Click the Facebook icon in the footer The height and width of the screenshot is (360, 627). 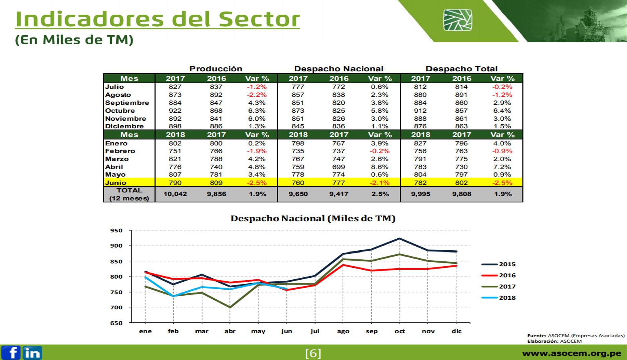click(11, 353)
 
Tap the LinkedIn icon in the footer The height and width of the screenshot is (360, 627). click(32, 353)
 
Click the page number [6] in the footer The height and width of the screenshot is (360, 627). click(313, 353)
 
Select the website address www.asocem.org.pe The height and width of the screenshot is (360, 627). click(571, 353)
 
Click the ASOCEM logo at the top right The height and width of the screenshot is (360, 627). click(457, 20)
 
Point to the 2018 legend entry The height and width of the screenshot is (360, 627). click(499, 298)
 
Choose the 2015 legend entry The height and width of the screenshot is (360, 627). click(499, 264)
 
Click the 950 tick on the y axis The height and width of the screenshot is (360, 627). click(116, 231)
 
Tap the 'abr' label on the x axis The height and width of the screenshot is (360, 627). click(230, 331)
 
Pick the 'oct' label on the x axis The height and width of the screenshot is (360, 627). click(400, 331)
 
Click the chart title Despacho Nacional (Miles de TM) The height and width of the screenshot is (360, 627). click(313, 219)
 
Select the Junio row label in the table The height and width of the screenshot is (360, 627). click(116, 183)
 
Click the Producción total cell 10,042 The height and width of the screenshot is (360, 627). click(175, 194)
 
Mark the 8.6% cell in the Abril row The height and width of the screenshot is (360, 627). click(380, 167)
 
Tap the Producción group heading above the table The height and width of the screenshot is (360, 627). click(216, 69)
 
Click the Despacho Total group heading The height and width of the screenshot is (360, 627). click(462, 69)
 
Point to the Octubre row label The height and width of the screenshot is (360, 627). click(120, 111)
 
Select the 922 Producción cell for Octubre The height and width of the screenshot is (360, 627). click(175, 111)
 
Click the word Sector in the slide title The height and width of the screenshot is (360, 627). click(259, 19)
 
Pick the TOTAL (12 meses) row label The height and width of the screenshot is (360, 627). click(129, 194)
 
